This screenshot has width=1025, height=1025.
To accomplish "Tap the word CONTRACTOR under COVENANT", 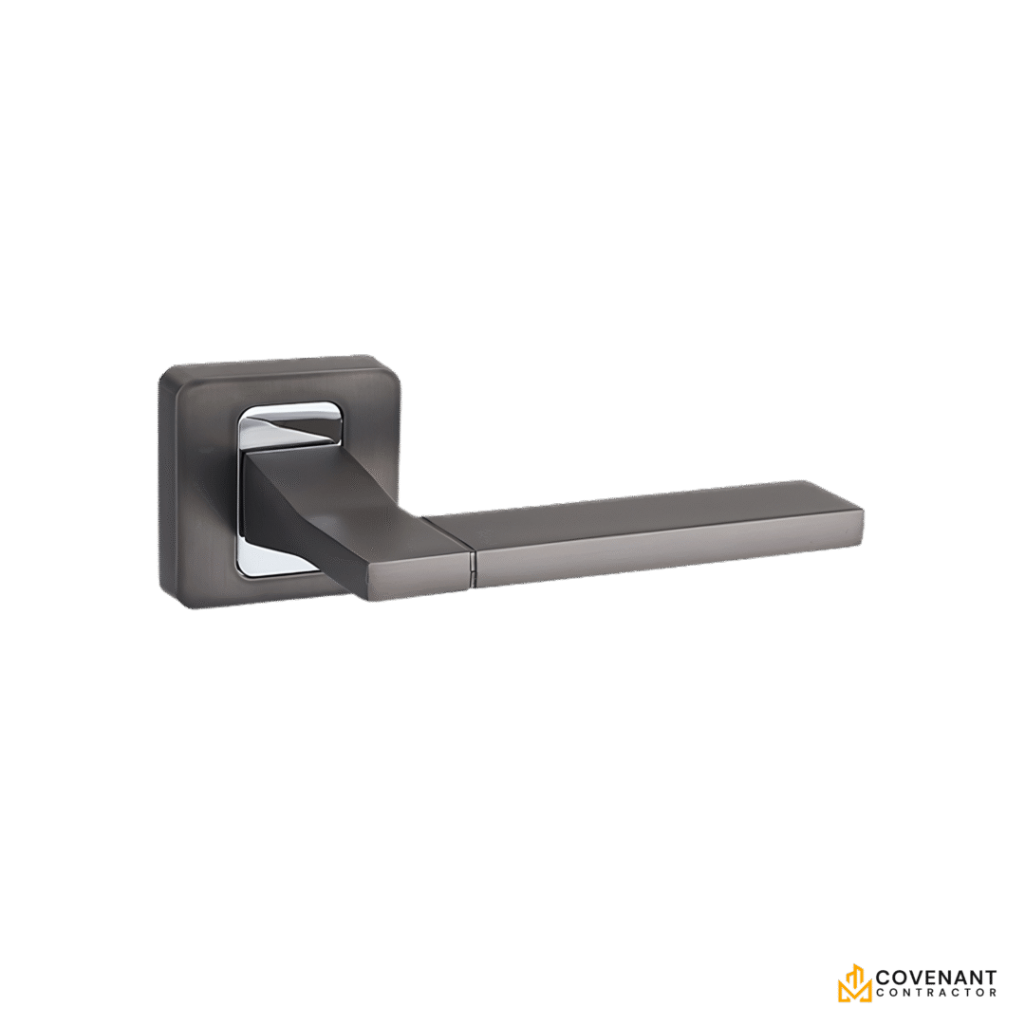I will click(x=936, y=993).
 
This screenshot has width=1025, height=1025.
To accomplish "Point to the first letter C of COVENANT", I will click(x=884, y=978).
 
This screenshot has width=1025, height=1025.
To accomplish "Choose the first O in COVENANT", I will click(x=900, y=978).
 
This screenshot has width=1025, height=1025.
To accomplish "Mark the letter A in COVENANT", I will click(x=960, y=978).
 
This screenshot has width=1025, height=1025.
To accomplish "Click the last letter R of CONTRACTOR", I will click(x=993, y=993).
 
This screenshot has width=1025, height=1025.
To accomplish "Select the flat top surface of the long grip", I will click(x=645, y=502).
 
